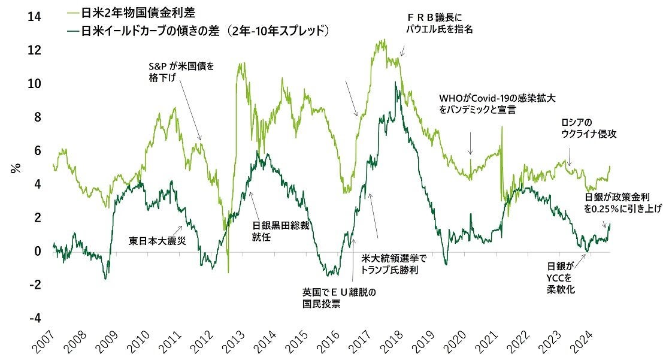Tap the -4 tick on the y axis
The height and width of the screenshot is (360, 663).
(35, 317)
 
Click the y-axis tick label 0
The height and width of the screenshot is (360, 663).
(37, 250)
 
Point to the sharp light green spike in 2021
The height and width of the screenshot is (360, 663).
(501, 129)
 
